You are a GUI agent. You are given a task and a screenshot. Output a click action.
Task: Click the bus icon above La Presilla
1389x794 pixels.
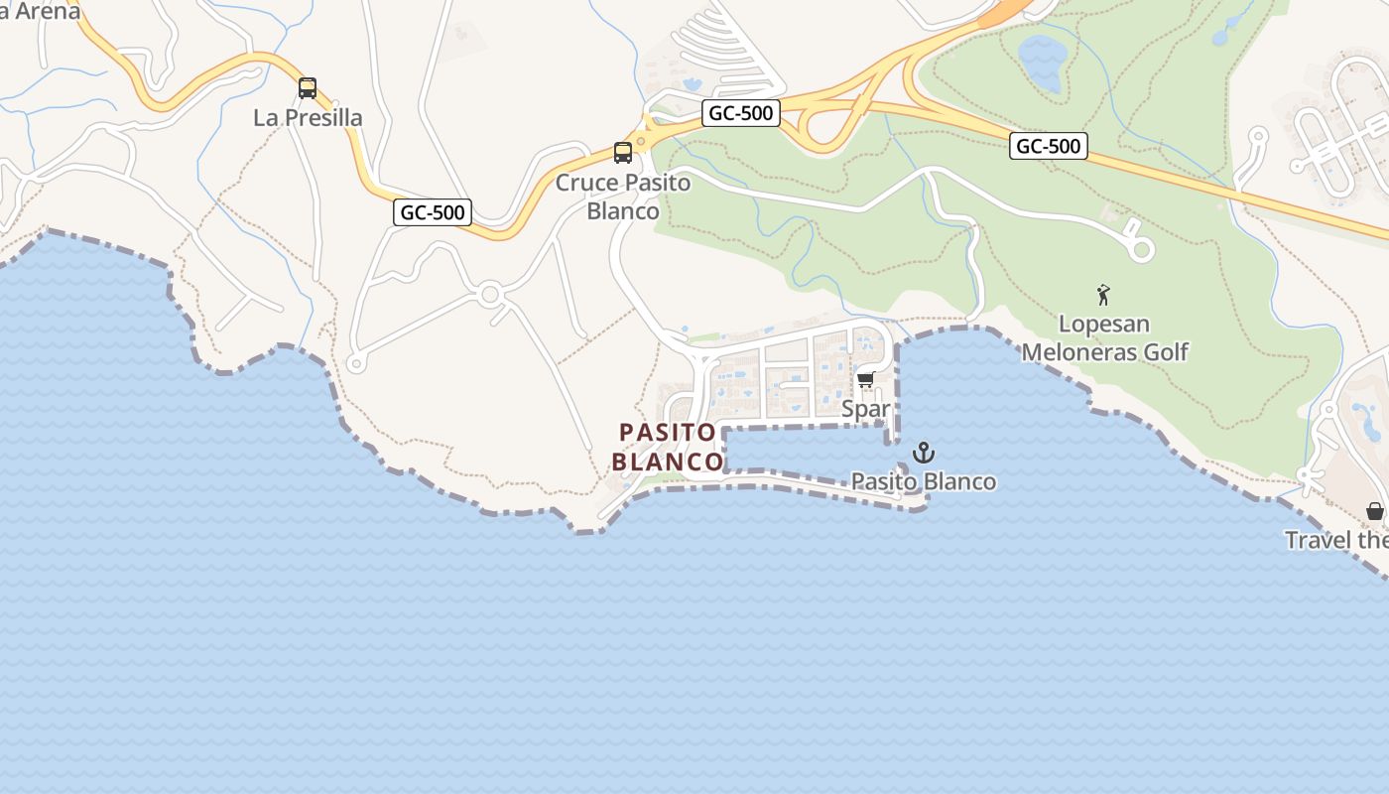(308, 88)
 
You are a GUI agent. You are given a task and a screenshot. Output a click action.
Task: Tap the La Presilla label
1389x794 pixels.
(308, 118)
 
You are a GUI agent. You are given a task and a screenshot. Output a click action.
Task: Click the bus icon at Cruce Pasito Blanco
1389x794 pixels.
(623, 153)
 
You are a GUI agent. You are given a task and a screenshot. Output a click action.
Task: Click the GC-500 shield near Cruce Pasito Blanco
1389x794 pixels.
(741, 113)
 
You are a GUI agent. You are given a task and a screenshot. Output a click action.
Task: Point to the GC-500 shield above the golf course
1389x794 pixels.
(1049, 147)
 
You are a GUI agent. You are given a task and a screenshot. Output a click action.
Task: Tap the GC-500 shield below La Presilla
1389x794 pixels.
(433, 211)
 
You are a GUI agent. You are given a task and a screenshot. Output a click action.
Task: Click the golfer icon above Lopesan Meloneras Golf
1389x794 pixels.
(1103, 295)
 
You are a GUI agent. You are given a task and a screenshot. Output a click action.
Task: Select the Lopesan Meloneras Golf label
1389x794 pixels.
(1104, 338)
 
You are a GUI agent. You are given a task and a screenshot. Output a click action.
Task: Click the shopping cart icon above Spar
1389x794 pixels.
(865, 380)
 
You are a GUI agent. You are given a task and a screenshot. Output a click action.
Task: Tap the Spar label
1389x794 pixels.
(865, 409)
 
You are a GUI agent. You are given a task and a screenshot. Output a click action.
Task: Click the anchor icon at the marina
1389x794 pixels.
(924, 454)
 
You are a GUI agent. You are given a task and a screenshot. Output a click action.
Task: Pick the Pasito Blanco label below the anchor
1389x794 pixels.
(924, 482)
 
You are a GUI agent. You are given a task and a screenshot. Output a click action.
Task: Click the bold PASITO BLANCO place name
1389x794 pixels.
(667, 448)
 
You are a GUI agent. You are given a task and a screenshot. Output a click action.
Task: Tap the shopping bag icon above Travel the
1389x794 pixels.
(1374, 511)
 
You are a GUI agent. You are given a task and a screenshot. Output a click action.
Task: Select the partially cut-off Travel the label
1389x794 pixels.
(1336, 541)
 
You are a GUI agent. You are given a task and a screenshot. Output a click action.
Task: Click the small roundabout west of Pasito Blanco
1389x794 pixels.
(488, 295)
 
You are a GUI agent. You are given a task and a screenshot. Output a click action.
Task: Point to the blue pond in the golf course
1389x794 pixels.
(1042, 62)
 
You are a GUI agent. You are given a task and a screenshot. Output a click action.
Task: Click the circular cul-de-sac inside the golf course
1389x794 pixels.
(1142, 250)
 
